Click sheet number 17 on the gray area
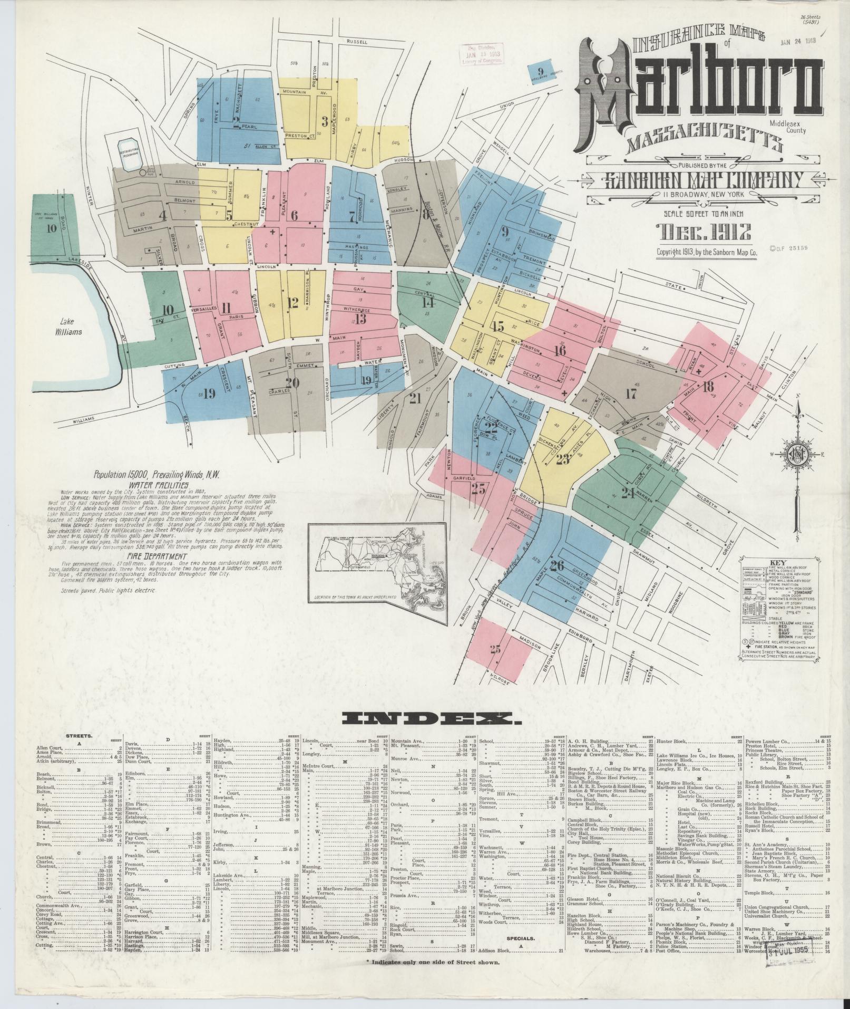click(631, 393)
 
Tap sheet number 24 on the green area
click(628, 493)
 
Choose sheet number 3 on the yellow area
click(325, 121)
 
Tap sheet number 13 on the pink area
click(360, 319)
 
